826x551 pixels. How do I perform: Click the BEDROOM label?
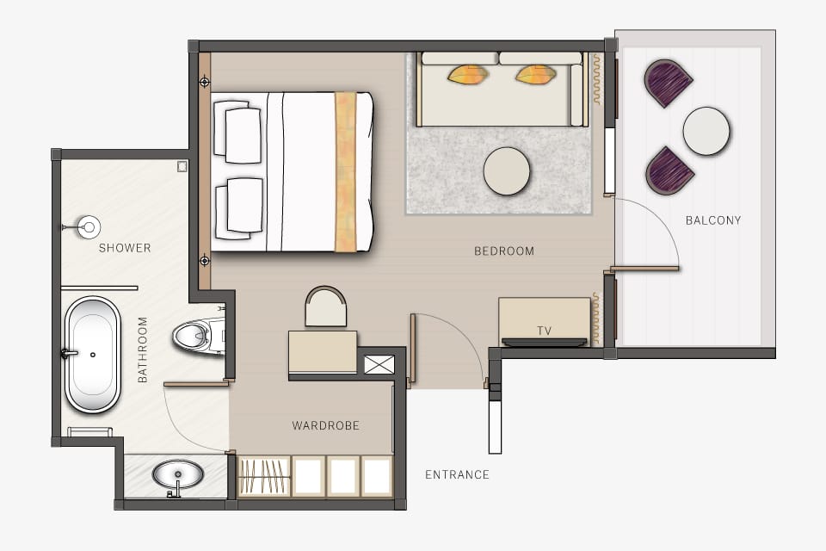click(504, 251)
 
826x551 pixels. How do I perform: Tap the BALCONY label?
click(712, 220)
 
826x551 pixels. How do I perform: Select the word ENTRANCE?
click(457, 474)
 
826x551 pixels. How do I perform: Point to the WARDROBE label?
click(325, 425)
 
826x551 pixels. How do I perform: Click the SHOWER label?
click(125, 248)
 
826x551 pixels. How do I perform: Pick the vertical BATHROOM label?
click(143, 350)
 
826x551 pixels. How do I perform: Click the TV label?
click(544, 331)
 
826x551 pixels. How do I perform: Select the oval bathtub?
click(92, 355)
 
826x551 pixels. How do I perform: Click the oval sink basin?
click(178, 474)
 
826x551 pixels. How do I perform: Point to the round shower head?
click(88, 227)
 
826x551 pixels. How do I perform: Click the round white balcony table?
click(706, 131)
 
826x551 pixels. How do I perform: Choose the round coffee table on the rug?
click(507, 171)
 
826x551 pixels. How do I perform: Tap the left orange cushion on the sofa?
click(468, 75)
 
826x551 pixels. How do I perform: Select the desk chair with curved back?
click(326, 307)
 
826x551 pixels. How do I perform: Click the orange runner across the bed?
click(345, 171)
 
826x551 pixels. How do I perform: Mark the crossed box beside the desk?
click(379, 363)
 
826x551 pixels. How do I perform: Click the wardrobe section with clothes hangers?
click(264, 476)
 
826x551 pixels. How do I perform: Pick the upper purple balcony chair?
click(668, 83)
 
